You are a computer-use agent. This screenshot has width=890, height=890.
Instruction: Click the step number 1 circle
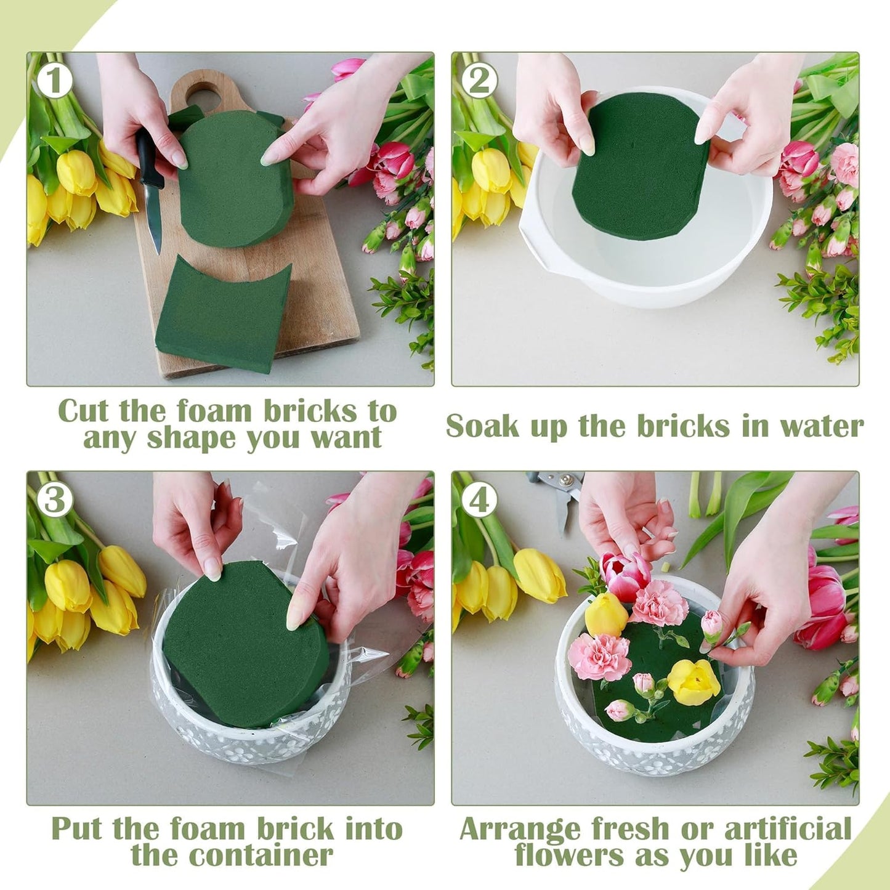(54, 81)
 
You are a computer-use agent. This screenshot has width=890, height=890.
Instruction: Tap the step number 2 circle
(479, 81)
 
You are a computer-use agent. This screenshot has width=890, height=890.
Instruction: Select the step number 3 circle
(54, 500)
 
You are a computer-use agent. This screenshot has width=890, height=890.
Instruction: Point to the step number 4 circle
(479, 500)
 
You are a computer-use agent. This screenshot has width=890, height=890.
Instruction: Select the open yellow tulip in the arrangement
(694, 681)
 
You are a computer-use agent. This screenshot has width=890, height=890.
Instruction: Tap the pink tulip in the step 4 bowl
(625, 575)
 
